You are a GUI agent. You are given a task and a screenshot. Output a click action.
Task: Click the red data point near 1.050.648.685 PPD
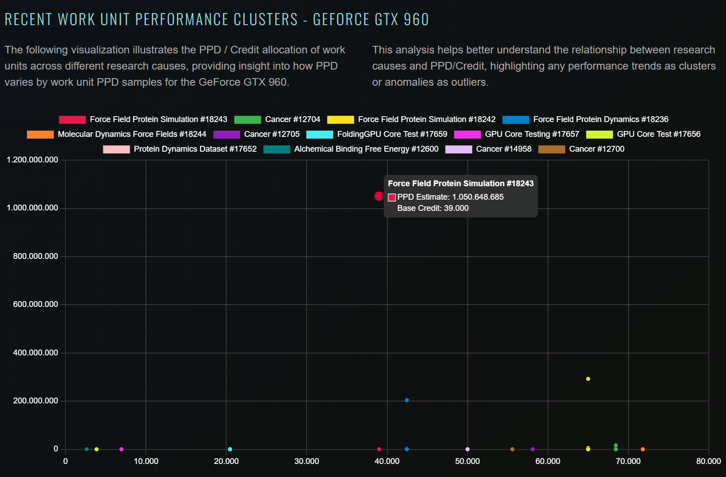pos(378,196)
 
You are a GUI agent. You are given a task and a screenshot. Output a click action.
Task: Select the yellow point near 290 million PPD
pos(588,379)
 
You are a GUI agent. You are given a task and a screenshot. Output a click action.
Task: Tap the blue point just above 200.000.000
pos(407,400)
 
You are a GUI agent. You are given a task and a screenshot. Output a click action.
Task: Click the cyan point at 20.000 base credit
pos(230,449)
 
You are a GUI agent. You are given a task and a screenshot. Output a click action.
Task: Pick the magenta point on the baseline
pos(121,449)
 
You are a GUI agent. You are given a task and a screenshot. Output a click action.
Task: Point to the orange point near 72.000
pos(642,449)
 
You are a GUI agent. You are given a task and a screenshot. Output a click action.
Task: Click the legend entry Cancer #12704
pos(292,119)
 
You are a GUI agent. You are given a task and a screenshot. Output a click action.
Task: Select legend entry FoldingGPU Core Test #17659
pos(392,134)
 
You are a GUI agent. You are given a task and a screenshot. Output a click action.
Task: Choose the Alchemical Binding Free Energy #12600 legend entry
pos(366,149)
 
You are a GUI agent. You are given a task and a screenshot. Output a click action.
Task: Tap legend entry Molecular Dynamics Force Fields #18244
pos(132,134)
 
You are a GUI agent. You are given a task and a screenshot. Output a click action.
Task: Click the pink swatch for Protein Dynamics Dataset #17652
pos(116,149)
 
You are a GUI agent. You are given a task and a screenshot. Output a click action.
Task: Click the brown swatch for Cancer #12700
pos(551,149)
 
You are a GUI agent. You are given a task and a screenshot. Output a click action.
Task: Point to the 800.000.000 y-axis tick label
pos(35,256)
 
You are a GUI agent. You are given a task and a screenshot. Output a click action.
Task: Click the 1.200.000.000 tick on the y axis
pos(32,160)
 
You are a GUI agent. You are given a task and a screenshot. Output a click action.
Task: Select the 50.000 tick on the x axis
pos(467,461)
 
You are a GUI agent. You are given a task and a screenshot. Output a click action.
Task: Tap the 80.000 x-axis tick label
pos(708,461)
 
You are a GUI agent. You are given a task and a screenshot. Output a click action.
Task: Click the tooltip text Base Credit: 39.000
pos(433,208)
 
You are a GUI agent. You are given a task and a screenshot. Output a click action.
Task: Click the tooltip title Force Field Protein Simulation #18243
pos(461,184)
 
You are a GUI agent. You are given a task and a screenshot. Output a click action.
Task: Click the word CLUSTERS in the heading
pos(265,19)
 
